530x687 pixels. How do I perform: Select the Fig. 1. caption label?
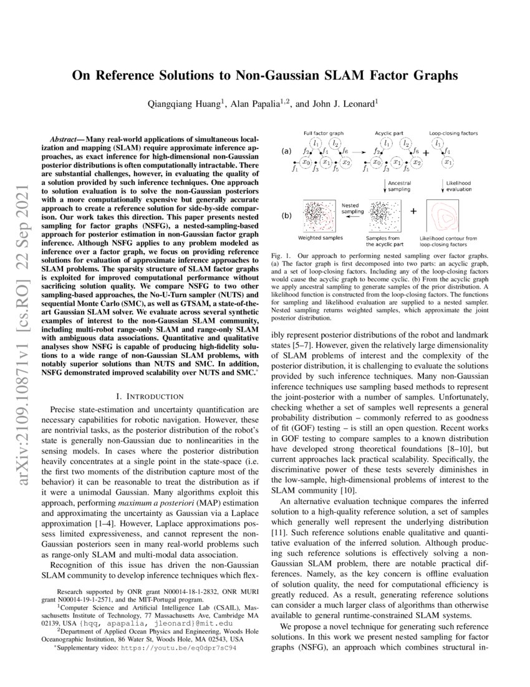[x=282, y=257]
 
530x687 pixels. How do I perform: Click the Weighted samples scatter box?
[x=322, y=217]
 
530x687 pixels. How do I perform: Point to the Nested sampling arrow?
[x=353, y=212]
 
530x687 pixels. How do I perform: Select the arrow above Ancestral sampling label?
[x=381, y=185]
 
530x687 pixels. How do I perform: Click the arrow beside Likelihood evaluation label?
[x=441, y=185]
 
